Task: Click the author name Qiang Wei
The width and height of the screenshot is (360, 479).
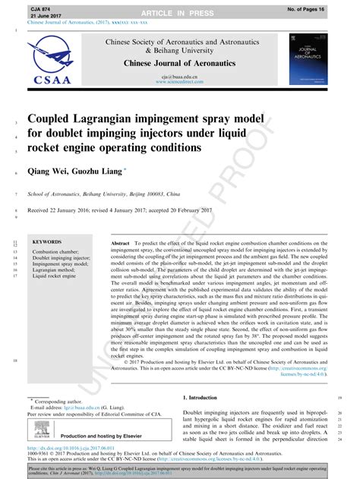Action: (x=50, y=173)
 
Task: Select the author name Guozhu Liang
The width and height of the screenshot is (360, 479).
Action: (x=102, y=173)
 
